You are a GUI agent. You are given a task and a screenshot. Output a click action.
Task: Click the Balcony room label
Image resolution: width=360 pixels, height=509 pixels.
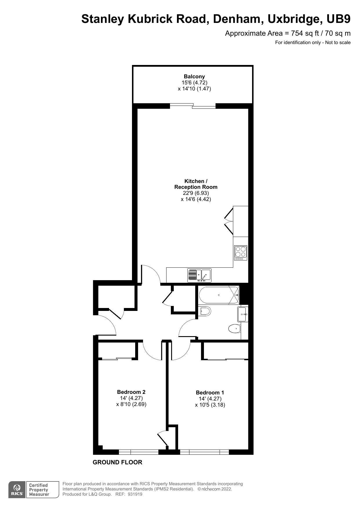[x=194, y=77]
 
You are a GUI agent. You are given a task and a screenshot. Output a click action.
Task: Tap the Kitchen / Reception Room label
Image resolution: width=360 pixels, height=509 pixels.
[x=196, y=184]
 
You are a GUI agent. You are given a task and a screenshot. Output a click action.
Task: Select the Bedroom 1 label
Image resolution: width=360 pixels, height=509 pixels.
[x=210, y=393]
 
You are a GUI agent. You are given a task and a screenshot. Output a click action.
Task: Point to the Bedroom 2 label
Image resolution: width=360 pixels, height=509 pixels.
[x=131, y=392]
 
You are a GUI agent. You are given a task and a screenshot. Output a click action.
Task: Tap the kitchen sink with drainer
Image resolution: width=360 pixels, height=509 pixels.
[x=199, y=275]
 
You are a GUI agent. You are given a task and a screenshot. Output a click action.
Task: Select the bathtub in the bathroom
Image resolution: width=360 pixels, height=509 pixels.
[x=219, y=295]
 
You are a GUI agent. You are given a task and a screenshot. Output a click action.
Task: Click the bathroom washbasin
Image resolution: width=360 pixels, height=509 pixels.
[x=243, y=314]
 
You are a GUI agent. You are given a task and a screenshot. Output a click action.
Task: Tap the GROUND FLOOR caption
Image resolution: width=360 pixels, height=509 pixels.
[x=117, y=462]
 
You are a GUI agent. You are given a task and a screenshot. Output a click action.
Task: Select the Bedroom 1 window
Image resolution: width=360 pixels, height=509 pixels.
[x=204, y=452]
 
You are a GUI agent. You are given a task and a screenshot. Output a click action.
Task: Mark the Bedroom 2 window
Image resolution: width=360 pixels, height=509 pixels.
[x=139, y=452]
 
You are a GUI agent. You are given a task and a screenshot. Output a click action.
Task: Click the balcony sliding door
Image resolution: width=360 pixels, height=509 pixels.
[x=193, y=106]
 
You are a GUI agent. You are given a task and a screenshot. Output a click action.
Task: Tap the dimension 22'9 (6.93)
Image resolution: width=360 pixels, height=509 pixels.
[x=196, y=193]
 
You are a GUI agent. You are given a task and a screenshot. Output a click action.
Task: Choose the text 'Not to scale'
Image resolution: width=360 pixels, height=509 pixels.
[x=338, y=43]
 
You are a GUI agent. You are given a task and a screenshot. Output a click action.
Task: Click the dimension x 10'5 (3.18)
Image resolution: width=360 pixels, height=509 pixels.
[x=210, y=405]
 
